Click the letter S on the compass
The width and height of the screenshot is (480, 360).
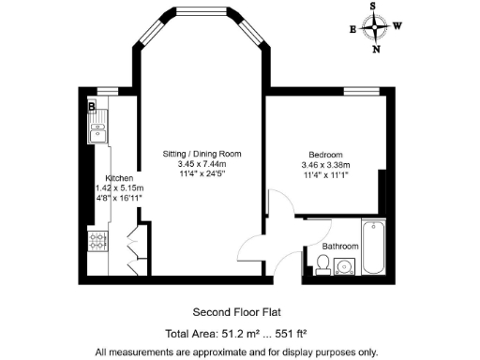(376, 6)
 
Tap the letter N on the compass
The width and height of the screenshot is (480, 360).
(376, 49)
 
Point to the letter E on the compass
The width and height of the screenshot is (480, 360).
(353, 29)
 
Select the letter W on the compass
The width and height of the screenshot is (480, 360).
(397, 26)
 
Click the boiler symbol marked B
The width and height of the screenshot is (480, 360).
(92, 107)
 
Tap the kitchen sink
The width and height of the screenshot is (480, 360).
(97, 133)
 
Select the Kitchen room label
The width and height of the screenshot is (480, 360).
(119, 177)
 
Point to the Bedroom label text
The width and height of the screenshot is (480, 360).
(325, 155)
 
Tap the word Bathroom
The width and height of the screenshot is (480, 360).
(340, 246)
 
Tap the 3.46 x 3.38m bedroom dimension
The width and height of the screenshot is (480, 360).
(325, 165)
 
